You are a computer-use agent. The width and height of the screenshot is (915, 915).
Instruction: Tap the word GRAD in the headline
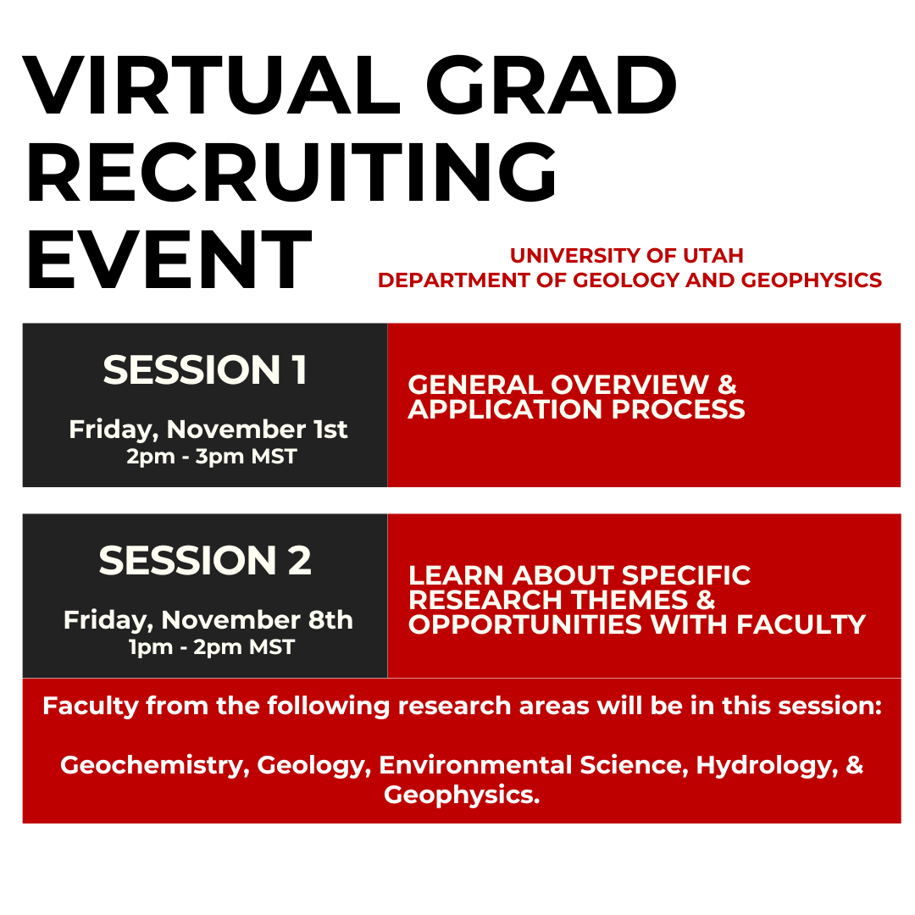coord(552,86)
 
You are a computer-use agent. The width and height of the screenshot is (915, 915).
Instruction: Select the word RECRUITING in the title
coord(291,172)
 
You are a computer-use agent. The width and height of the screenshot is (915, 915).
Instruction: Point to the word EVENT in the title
coord(169,259)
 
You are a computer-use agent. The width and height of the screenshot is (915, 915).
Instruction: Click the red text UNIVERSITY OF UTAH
coord(627,256)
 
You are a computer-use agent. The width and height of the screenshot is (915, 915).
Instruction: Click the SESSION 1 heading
coord(205,370)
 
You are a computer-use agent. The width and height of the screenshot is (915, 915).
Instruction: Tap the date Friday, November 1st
coord(208,430)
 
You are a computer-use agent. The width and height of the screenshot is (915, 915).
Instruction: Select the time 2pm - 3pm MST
coord(212,457)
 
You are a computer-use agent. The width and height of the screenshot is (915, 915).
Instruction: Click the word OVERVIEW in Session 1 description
coord(629,385)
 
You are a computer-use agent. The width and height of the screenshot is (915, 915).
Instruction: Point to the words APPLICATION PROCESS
coord(577,409)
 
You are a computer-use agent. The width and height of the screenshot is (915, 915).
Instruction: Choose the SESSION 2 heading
coord(205,560)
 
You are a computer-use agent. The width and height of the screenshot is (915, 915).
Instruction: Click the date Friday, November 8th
coord(208,620)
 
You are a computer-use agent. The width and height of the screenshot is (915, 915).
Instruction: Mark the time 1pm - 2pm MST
coord(212,647)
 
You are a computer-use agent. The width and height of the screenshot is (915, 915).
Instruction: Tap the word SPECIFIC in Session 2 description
coord(685,575)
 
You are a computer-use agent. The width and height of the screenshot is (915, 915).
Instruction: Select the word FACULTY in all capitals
coord(801,624)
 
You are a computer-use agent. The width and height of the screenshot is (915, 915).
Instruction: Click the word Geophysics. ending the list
coord(463,796)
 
